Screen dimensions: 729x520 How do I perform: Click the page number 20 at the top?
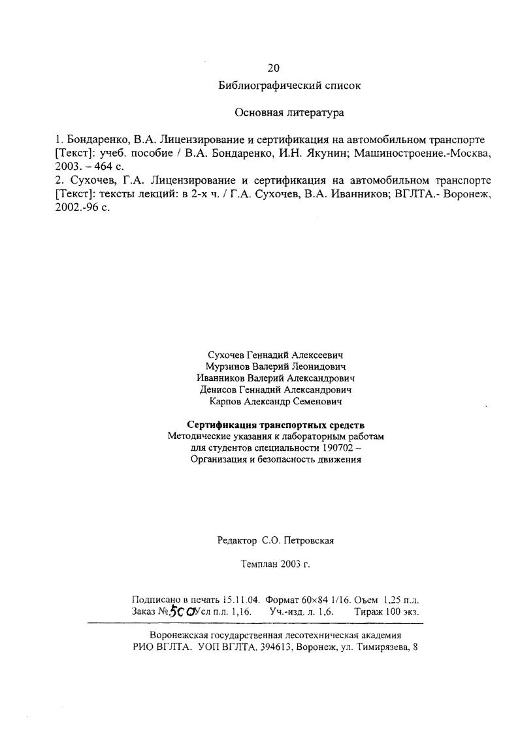274,68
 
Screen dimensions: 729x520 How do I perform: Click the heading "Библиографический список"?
289,86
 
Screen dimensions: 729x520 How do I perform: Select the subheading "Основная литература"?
289,112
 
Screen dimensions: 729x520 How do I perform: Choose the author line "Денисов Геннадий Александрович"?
275,390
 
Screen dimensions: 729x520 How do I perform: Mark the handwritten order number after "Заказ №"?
181,611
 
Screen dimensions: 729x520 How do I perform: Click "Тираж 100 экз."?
386,612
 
